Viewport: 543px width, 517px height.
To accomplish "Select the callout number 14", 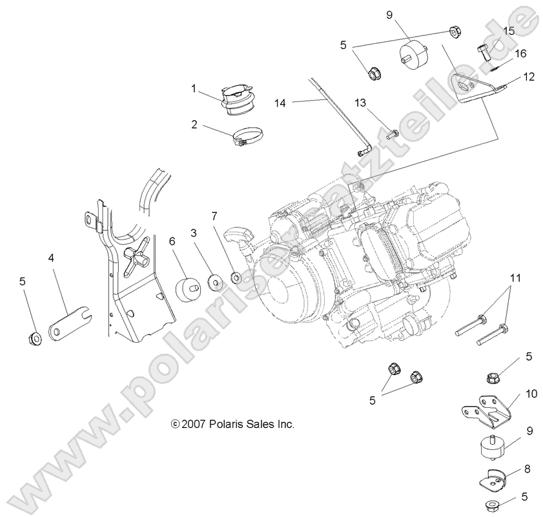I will [280, 102].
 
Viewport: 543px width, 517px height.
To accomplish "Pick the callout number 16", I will [520, 53].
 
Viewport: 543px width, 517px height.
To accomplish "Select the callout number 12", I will [528, 76].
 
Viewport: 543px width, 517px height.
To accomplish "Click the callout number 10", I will [531, 392].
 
